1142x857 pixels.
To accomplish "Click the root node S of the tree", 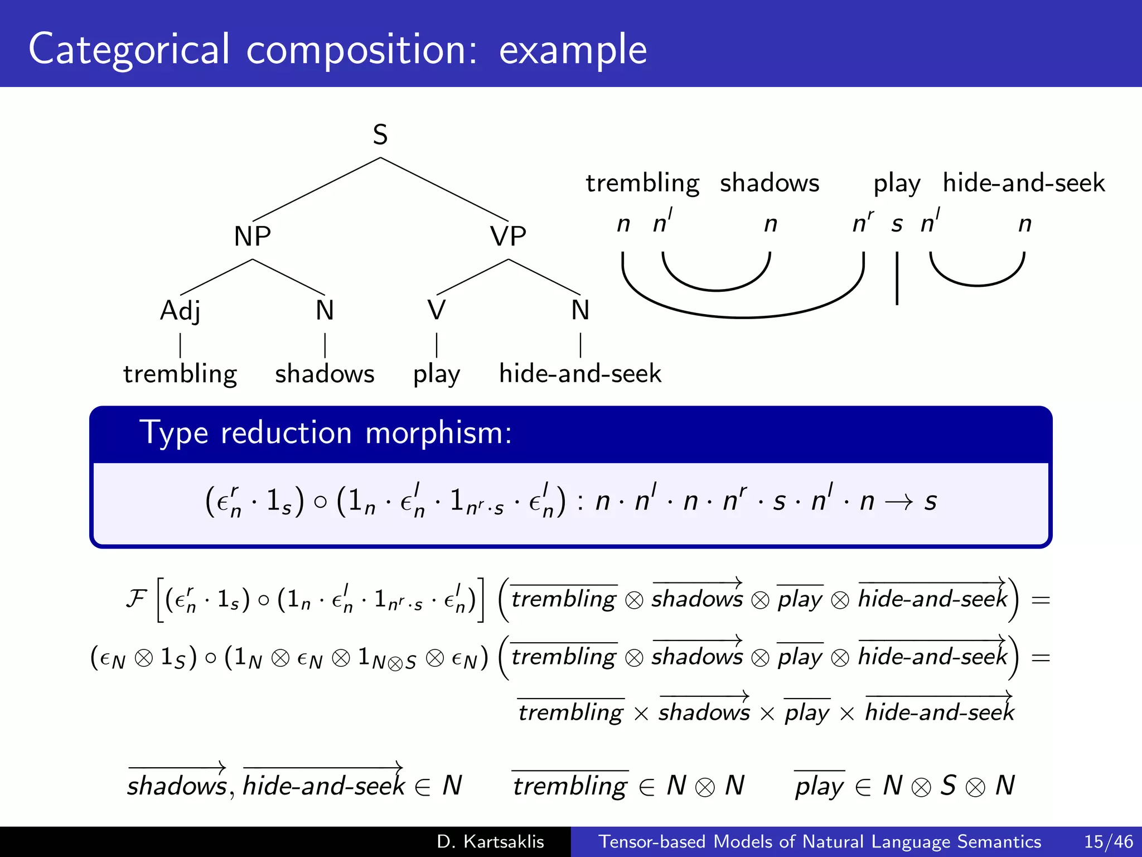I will [380, 135].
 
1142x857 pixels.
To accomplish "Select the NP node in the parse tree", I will [253, 236].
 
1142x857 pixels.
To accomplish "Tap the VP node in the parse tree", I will [508, 236].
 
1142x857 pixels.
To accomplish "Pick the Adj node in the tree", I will [180, 311].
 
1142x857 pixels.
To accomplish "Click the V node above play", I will [437, 310].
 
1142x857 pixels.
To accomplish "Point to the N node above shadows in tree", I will [325, 310].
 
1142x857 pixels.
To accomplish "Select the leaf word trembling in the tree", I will [180, 374].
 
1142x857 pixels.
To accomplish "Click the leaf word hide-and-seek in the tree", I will [580, 374].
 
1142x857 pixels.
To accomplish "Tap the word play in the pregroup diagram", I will [897, 184].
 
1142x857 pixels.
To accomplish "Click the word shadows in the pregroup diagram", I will [770, 183].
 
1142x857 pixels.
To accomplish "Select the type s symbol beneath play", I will [897, 224].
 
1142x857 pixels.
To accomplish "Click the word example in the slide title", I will [573, 50].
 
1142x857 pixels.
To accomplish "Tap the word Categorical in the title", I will [129, 50].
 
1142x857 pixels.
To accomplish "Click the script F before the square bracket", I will [136, 599].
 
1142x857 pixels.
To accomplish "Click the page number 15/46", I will [1109, 841].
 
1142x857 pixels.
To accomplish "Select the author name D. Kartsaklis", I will [490, 841].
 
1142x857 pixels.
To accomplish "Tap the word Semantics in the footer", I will [999, 841].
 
